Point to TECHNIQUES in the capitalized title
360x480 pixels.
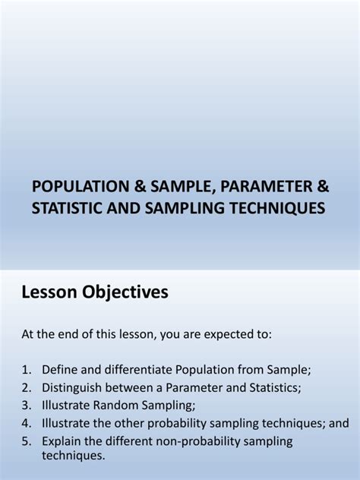(275, 207)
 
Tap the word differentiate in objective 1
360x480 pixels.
(132, 370)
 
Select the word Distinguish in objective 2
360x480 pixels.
(74, 388)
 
